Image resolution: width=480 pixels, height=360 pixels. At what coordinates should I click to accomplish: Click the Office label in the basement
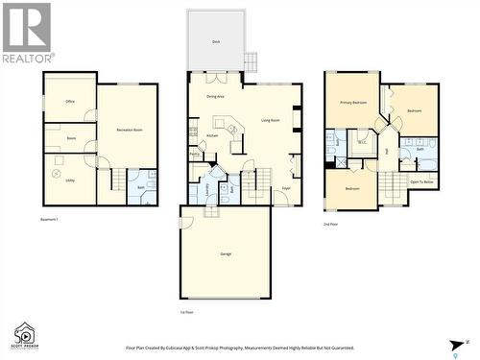(x=70, y=101)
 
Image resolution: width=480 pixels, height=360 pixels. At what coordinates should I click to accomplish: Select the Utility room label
(x=70, y=166)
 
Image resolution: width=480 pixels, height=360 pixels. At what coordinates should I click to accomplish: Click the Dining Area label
(x=214, y=97)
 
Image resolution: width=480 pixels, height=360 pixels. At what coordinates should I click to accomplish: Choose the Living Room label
(x=271, y=120)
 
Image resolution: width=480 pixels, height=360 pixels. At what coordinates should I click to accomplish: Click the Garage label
(x=226, y=253)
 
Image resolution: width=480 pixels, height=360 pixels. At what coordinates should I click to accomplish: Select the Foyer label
(x=286, y=189)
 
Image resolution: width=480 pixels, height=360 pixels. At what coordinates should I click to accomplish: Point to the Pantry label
(x=195, y=153)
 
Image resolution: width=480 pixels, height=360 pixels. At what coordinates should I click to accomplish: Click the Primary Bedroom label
(x=351, y=101)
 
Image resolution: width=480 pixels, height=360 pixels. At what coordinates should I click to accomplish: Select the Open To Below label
(x=421, y=180)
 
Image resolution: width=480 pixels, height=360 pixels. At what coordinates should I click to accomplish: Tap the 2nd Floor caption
(x=332, y=225)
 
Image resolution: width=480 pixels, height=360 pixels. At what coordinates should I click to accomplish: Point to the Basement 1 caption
(x=50, y=220)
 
